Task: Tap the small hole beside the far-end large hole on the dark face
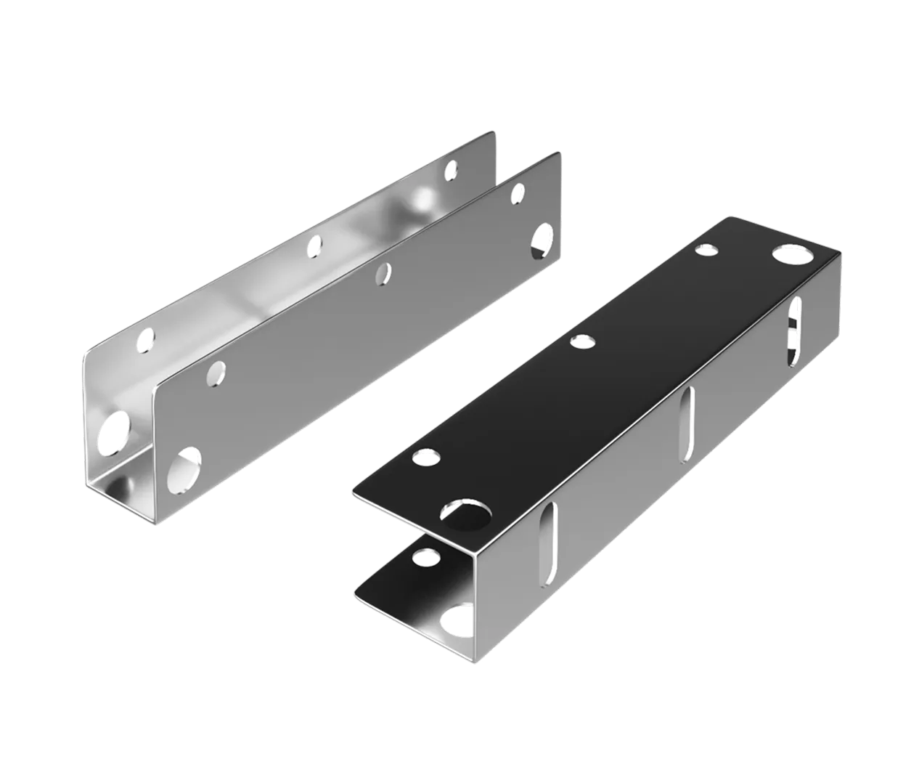706,251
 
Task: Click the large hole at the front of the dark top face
465,514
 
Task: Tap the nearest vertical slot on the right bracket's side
552,536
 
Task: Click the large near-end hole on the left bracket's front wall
184,467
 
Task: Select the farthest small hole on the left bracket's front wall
518,193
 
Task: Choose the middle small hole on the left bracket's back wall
315,248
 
